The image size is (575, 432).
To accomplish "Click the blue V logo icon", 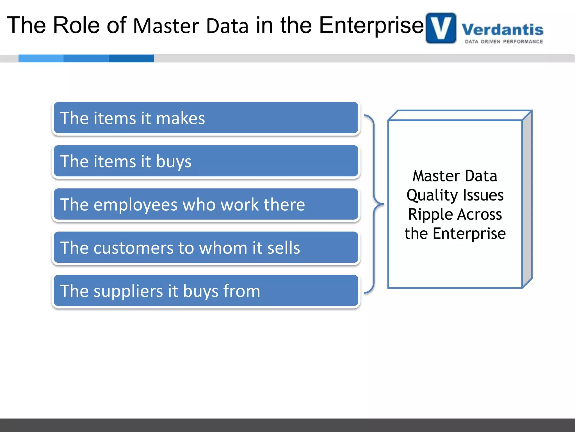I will [441, 28].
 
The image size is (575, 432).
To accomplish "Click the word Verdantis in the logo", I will [502, 30].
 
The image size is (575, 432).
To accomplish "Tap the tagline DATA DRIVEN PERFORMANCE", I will [504, 42].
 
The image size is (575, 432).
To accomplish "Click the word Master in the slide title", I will [166, 26].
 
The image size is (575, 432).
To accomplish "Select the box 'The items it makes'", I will [206, 118].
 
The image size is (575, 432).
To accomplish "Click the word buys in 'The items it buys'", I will [174, 162].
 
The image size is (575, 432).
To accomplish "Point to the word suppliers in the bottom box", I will [128, 291].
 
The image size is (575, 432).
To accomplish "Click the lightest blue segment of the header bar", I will [41, 58].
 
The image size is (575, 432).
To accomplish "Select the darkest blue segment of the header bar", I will [131, 58].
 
